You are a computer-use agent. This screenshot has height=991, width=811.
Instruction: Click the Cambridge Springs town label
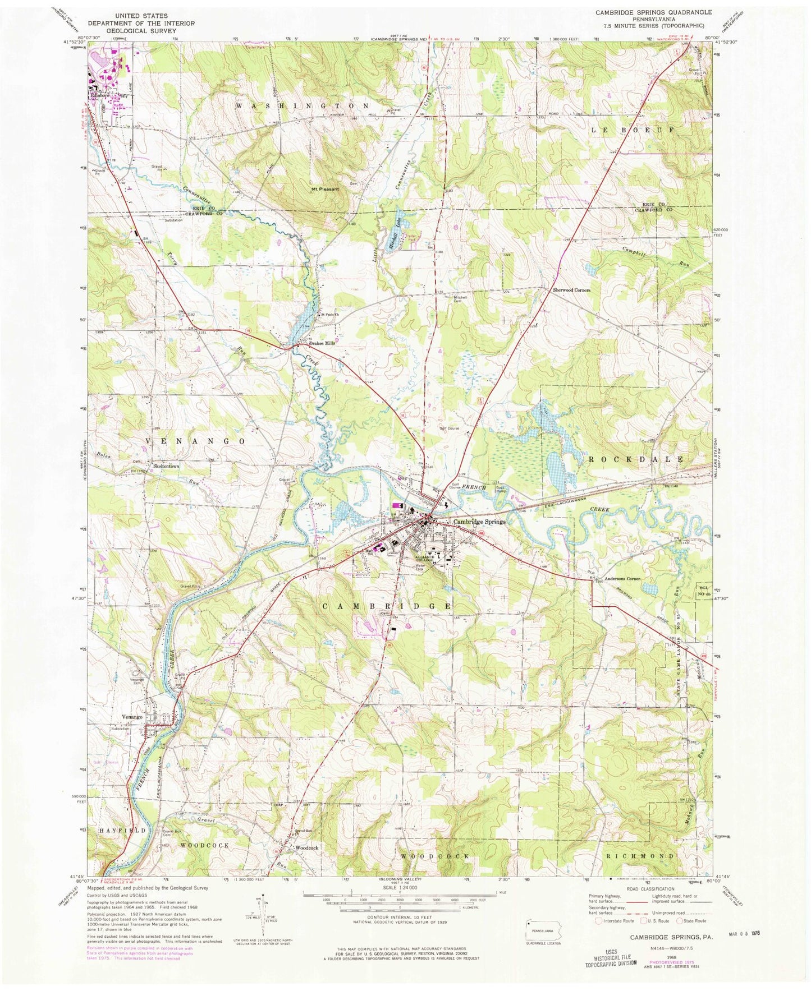point(479,521)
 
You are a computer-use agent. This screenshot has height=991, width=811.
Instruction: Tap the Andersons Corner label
point(622,579)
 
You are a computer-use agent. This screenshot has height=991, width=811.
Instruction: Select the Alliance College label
point(429,559)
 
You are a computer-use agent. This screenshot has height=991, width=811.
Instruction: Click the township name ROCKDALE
point(635,459)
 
